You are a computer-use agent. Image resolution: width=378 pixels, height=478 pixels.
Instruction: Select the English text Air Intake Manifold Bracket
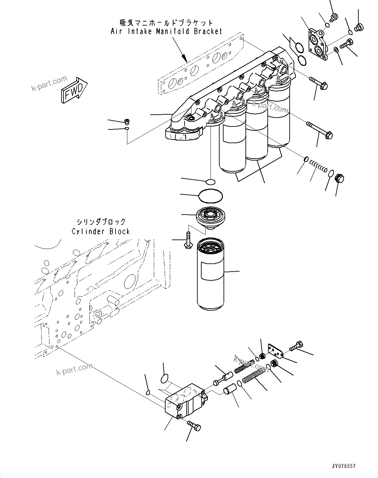166,31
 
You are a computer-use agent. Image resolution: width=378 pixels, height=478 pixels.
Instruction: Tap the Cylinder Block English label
101,231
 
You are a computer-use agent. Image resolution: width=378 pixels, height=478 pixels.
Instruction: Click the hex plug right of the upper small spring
340,179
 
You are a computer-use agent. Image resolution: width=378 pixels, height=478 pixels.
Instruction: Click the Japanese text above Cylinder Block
101,222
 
